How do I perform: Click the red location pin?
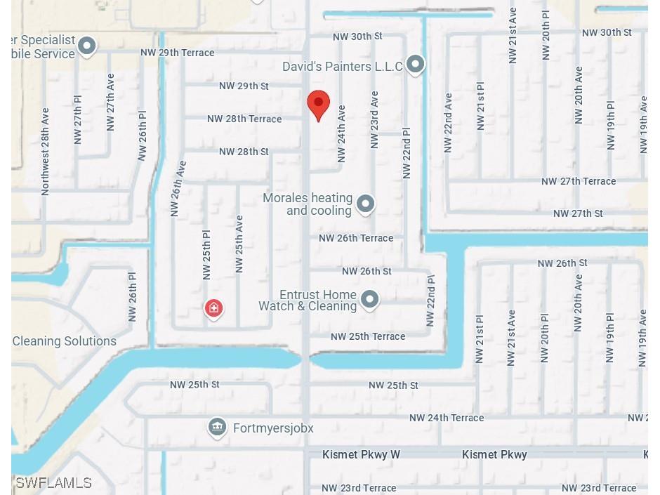tap(319, 105)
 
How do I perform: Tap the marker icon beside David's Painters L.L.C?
tap(416, 65)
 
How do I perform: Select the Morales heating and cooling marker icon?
tap(365, 204)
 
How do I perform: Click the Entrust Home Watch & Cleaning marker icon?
tap(369, 300)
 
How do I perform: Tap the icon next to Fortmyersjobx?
tap(217, 427)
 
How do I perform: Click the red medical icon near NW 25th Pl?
tap(213, 308)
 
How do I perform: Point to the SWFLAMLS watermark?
tap(53, 482)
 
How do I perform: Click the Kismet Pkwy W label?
tap(361, 455)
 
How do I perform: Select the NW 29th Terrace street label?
tap(177, 53)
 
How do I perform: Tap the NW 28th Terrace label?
tap(244, 119)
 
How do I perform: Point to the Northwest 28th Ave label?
tap(46, 151)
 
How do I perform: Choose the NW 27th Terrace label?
tap(579, 181)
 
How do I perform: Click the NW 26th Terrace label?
tap(356, 238)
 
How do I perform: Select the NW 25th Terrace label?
tap(368, 336)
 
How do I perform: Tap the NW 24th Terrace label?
tap(447, 418)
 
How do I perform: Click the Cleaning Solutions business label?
tap(65, 341)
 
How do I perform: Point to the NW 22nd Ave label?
tap(447, 123)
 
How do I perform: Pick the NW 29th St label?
tap(244, 86)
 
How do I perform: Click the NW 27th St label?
tap(578, 213)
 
